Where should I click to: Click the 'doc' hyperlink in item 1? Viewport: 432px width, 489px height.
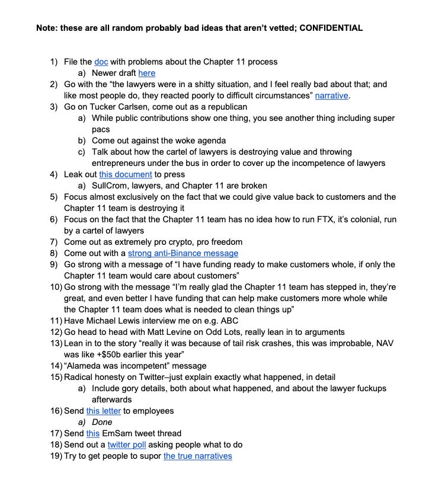[x=100, y=62]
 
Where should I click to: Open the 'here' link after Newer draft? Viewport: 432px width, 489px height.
[x=146, y=73]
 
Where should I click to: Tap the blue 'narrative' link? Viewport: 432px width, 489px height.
[x=332, y=95]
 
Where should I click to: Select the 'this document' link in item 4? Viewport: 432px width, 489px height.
[x=125, y=174]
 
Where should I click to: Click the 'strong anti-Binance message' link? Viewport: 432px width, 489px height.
[x=183, y=253]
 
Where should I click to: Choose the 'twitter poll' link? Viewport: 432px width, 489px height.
[x=126, y=445]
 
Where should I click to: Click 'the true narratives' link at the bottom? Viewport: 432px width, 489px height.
[x=197, y=456]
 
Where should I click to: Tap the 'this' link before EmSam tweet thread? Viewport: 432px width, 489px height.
[x=93, y=433]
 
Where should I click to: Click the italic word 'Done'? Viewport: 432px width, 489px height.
[x=102, y=422]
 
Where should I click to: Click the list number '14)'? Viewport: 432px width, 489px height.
[x=56, y=366]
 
